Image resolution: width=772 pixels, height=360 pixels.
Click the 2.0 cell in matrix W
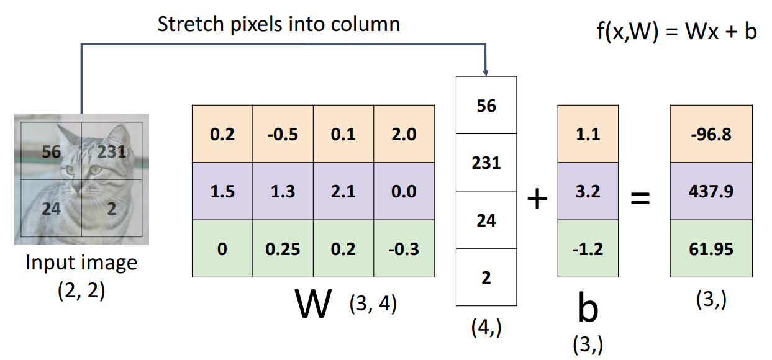(403, 134)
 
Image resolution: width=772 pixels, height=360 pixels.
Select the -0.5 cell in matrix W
(283, 134)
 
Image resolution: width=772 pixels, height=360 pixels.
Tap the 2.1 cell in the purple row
(343, 192)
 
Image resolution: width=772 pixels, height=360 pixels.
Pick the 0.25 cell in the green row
(283, 250)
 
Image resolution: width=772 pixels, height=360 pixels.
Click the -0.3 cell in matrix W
(403, 250)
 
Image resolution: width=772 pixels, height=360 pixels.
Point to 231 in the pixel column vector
(486, 163)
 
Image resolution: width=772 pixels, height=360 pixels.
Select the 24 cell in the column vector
(486, 220)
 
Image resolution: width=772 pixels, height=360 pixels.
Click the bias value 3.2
(588, 192)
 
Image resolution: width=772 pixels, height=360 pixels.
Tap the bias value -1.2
(588, 250)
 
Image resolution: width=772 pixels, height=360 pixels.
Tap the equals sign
(640, 199)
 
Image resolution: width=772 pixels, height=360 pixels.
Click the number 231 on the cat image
(112, 151)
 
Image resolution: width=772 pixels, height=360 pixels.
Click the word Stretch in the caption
(186, 25)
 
